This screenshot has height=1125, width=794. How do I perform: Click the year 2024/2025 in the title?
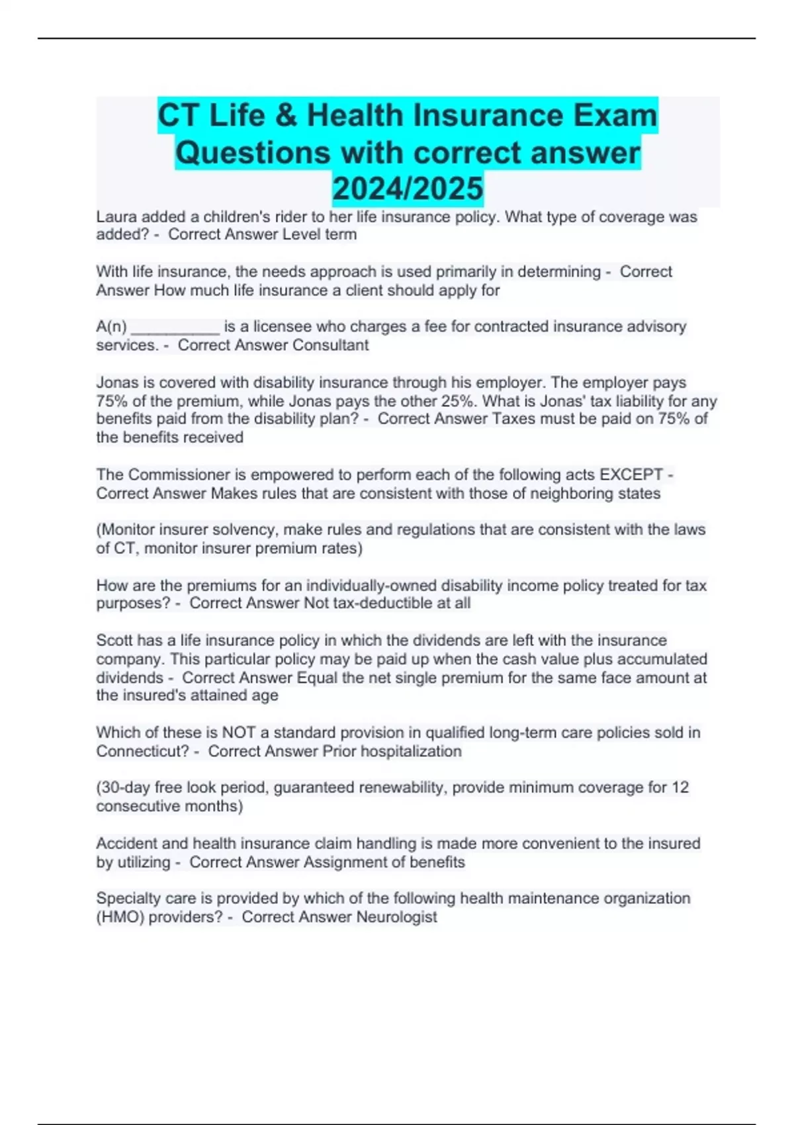click(x=408, y=189)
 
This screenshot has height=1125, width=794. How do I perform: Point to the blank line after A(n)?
click(x=175, y=327)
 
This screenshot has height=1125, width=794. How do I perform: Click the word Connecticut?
click(x=143, y=752)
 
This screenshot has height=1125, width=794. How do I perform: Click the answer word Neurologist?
click(x=396, y=917)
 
